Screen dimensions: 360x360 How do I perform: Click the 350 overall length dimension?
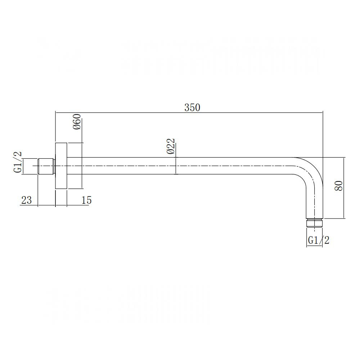192,107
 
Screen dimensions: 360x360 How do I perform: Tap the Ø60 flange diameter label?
77,121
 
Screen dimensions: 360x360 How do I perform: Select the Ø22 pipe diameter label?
171,146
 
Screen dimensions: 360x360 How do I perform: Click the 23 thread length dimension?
26,200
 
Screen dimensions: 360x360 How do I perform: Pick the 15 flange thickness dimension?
86,200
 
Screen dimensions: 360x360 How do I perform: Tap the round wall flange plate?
61,166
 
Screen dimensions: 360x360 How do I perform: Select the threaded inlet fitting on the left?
46,166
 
